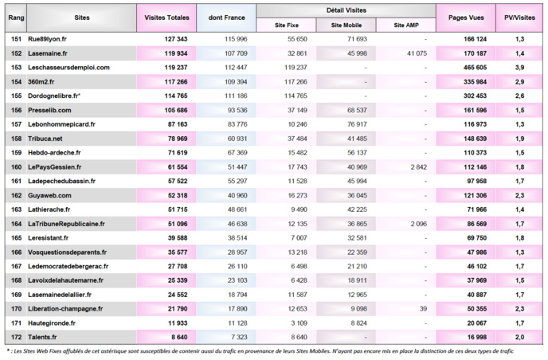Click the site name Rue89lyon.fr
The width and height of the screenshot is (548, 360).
point(47,38)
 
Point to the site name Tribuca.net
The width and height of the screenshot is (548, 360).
point(45,139)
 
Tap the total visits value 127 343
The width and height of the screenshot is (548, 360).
point(171,38)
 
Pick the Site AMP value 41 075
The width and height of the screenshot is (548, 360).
point(411,53)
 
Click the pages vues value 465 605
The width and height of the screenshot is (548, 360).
point(470,67)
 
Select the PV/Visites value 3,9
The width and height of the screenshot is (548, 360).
point(519,67)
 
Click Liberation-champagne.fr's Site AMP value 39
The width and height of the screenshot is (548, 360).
point(422,309)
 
